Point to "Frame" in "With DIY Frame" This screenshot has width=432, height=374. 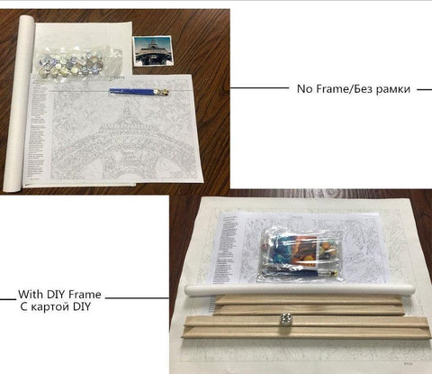tap(85, 295)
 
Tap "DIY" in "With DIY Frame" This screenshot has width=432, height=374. tap(58, 295)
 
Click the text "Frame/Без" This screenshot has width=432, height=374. tap(345, 89)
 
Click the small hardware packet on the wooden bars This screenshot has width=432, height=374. tap(288, 319)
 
